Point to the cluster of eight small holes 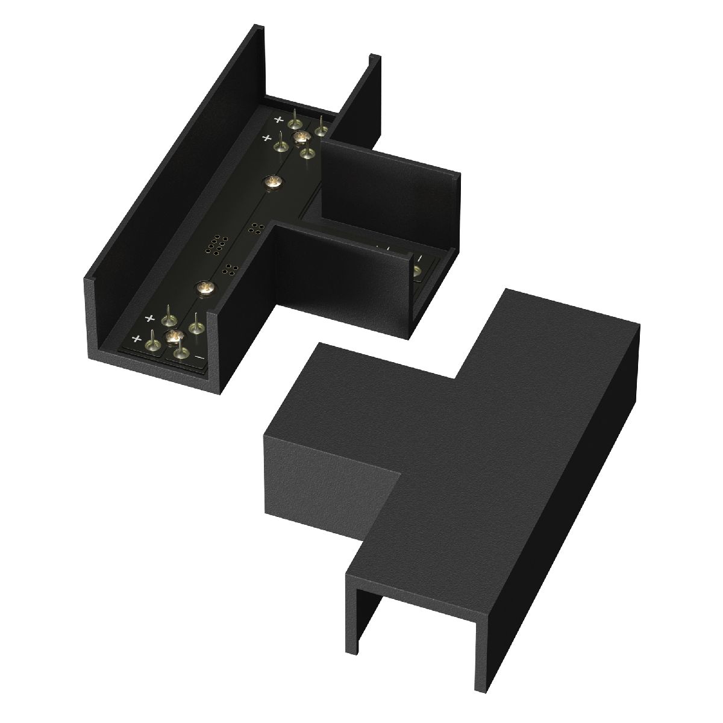tap(215, 245)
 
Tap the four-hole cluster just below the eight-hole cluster tap(230, 269)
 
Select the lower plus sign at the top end tap(266, 138)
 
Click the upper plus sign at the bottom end tap(149, 318)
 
